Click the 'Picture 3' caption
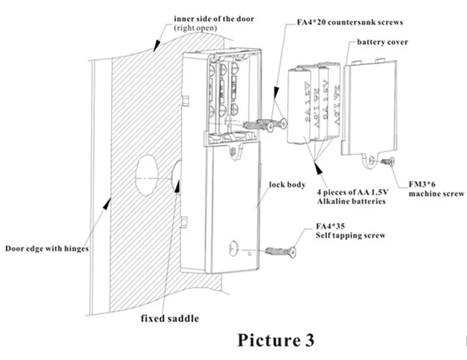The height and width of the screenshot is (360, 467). tap(275, 340)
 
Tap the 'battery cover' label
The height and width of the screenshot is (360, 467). tap(382, 42)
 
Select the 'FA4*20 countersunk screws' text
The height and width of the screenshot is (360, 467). tap(350, 22)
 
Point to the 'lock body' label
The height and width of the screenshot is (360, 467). tap(287, 185)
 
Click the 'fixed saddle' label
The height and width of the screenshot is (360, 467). tap(170, 319)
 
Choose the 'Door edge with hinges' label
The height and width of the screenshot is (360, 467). tap(47, 249)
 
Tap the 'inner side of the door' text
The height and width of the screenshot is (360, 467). tap(214, 19)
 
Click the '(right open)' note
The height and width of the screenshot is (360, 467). tap(196, 28)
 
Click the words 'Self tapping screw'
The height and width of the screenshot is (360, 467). tap(350, 235)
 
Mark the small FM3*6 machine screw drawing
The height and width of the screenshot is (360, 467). tap(388, 161)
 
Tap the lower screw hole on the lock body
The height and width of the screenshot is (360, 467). tap(233, 248)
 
